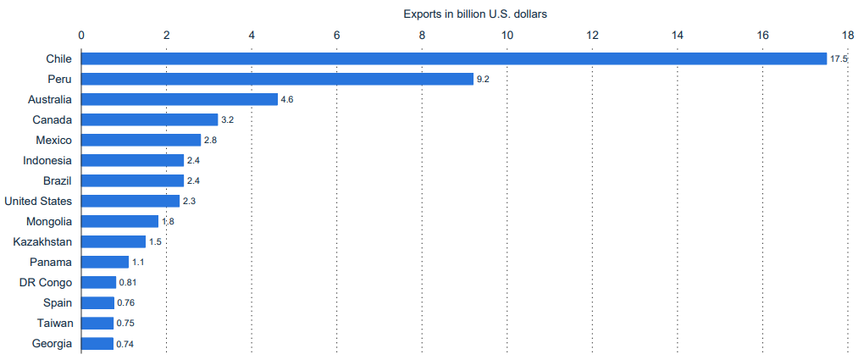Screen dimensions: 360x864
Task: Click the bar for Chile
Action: pos(454,58)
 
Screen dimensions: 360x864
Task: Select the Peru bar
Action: pos(278,79)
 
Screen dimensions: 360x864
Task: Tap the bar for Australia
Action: pos(180,99)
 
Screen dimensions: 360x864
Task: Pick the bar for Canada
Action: pos(150,119)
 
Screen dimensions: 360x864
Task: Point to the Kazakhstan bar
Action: pos(114,241)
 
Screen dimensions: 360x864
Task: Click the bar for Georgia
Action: pos(97,343)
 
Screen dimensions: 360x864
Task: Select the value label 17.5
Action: pos(839,59)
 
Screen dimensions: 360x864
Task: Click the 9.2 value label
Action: pos(484,80)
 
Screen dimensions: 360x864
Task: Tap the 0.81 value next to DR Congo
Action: pos(128,283)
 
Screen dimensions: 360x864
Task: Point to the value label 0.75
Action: pos(125,324)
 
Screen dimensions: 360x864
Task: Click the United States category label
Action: pos(38,201)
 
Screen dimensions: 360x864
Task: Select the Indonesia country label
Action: pos(47,160)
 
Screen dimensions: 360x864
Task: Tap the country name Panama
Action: pos(51,262)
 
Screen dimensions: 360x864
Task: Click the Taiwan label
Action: pos(55,323)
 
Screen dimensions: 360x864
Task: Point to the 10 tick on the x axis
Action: pos(507,35)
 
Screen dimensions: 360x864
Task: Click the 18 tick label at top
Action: pos(848,35)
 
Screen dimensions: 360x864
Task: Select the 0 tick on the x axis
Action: pos(81,35)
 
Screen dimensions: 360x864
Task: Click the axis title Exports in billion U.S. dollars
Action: pos(477,14)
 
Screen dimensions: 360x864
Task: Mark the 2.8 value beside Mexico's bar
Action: pos(211,141)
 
